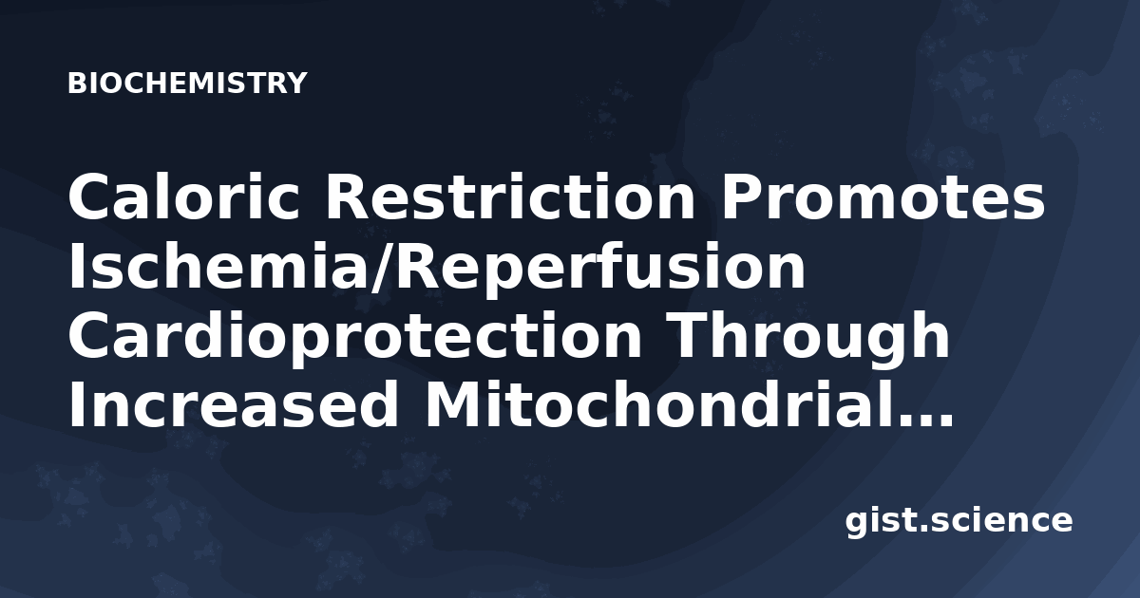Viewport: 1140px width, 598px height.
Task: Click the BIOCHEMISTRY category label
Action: pyautogui.click(x=187, y=83)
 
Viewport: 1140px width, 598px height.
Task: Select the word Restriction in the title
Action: pyautogui.click(x=510, y=196)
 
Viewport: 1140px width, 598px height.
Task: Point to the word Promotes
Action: pyautogui.click(x=883, y=196)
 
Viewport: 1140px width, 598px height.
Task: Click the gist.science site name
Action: pyautogui.click(x=959, y=521)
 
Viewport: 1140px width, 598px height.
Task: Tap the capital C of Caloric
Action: pyautogui.click(x=91, y=196)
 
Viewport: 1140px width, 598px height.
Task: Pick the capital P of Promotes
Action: pyautogui.click(x=743, y=196)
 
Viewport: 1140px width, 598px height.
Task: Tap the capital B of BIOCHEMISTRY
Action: pyautogui.click(x=77, y=83)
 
